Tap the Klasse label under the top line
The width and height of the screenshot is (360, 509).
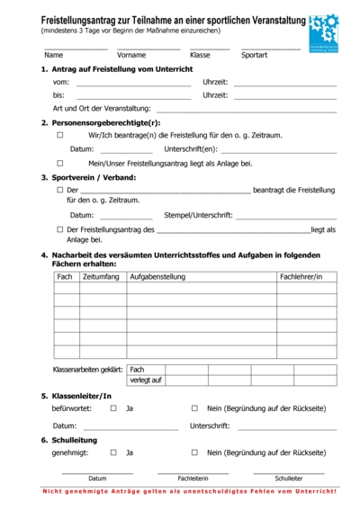coord(200,55)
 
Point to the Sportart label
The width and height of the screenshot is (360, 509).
coord(255,55)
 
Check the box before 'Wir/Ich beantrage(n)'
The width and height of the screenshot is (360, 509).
coord(60,135)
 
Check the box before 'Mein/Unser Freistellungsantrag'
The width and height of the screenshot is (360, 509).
coord(60,164)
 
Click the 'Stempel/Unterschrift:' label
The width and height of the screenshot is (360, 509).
coord(198,216)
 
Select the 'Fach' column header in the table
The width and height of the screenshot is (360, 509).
coord(65,277)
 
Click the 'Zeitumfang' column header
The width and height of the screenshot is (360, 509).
coord(100,277)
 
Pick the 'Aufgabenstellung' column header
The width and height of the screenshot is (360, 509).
coord(157,277)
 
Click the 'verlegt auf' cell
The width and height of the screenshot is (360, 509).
coord(146,380)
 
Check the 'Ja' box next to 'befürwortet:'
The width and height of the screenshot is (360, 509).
coord(113,408)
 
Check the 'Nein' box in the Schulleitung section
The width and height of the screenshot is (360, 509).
coord(194,452)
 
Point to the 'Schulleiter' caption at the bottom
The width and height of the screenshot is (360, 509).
coord(288,478)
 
